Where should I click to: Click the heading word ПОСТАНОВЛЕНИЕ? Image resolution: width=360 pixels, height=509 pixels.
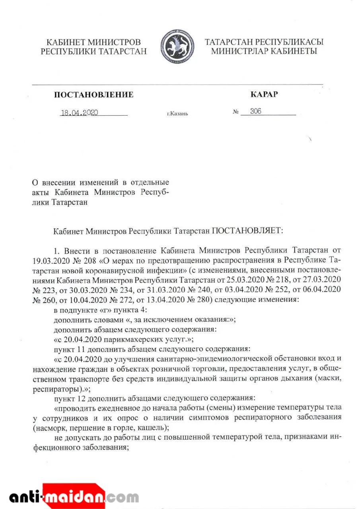(x=93, y=95)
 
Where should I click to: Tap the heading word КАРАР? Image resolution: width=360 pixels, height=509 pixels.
(x=264, y=94)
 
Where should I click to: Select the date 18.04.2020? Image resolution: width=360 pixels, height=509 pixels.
(x=79, y=113)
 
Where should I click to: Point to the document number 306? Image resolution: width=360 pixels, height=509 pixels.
(x=256, y=111)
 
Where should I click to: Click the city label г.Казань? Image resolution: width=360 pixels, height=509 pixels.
(x=177, y=114)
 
